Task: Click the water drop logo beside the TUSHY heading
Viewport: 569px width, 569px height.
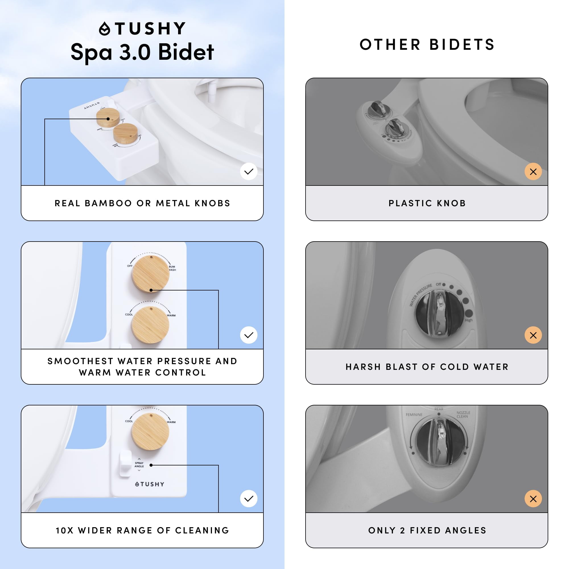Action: [104, 29]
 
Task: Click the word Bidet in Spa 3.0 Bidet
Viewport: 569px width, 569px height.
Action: [186, 52]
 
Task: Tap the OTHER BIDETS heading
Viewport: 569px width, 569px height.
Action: [427, 45]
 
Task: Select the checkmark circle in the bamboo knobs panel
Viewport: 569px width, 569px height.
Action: [249, 171]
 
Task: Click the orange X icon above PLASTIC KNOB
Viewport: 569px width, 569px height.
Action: [533, 171]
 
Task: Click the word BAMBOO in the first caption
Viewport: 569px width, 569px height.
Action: [108, 203]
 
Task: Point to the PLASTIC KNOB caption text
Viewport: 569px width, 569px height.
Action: [427, 203]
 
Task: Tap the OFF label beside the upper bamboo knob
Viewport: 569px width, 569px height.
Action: [129, 266]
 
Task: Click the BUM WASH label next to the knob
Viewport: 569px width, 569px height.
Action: [172, 268]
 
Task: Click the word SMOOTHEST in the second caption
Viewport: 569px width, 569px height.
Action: [80, 361]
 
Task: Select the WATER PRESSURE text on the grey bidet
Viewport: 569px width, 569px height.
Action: [420, 295]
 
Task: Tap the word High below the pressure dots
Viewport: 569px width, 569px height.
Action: [469, 320]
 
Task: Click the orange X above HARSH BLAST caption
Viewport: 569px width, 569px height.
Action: [533, 335]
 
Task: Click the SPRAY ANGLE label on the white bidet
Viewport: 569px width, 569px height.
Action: [139, 465]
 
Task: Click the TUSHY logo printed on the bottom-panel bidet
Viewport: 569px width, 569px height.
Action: [150, 484]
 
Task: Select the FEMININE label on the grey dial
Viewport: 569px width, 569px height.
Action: [414, 415]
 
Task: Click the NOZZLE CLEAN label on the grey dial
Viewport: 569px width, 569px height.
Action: [463, 415]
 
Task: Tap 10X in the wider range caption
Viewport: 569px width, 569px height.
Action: [65, 530]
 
